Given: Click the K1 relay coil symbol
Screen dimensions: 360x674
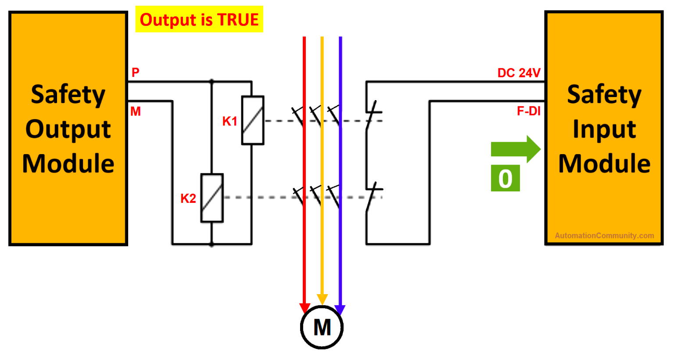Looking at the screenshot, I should pos(253,120).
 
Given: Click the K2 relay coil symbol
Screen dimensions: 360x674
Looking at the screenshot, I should pos(212,198).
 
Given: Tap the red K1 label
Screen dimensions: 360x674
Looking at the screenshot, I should pos(229,121).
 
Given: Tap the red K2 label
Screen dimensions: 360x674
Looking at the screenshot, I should pos(188,198).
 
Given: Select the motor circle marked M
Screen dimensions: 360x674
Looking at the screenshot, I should pos(322,327).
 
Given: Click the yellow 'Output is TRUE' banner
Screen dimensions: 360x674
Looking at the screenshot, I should pos(199,19).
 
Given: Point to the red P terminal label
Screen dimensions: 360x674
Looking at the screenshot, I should pos(136,72).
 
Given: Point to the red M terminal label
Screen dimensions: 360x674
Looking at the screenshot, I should pos(136,112).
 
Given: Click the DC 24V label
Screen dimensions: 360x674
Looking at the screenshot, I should pos(519,73).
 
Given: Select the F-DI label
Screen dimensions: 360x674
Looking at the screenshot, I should pos(528,111).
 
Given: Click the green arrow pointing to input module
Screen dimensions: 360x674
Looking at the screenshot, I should pos(516,149).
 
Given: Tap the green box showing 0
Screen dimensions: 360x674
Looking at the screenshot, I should pos(505,178).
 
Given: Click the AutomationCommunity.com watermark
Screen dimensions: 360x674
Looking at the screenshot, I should pos(604,236).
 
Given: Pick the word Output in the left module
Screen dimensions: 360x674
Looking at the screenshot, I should pos(68,129).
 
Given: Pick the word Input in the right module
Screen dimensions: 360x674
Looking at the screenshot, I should pos(604,129).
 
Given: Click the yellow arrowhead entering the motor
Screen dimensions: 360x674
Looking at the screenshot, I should pos(322,299).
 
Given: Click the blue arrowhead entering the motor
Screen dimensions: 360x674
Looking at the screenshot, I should pos(340,310).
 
